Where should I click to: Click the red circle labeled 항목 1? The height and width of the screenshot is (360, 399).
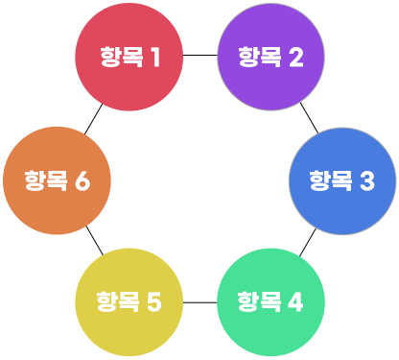pyautogui.click(x=129, y=57)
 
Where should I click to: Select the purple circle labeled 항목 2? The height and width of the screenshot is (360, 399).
pyautogui.click(x=271, y=57)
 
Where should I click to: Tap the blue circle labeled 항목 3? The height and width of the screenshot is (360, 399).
pyautogui.click(x=342, y=181)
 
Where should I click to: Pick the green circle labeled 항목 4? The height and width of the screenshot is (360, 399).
pyautogui.click(x=271, y=302)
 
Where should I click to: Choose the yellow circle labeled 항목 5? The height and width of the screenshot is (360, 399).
pyautogui.click(x=129, y=302)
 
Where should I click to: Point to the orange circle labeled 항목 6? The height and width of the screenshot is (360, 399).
pyautogui.click(x=57, y=180)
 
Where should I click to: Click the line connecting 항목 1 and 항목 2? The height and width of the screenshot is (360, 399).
pyautogui.click(x=200, y=55)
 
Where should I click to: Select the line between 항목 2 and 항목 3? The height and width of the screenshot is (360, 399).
pyautogui.click(x=309, y=118)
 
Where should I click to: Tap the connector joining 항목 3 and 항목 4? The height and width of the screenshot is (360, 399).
pyautogui.click(x=308, y=242)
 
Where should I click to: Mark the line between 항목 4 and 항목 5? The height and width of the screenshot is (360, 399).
pyautogui.click(x=200, y=302)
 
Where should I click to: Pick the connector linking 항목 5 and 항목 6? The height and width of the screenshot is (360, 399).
pyautogui.click(x=95, y=240)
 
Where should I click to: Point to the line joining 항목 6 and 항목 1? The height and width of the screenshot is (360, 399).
pyautogui.click(x=93, y=119)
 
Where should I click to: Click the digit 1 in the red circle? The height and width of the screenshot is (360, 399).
pyautogui.click(x=155, y=57)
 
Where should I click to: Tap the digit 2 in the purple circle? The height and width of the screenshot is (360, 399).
pyautogui.click(x=296, y=57)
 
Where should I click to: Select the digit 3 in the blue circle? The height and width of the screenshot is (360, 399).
pyautogui.click(x=367, y=181)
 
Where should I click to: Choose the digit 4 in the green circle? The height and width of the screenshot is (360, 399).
pyautogui.click(x=295, y=301)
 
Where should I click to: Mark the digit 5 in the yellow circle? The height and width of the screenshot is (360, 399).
pyautogui.click(x=154, y=301)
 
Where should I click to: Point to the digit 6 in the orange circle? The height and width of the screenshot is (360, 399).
pyautogui.click(x=82, y=180)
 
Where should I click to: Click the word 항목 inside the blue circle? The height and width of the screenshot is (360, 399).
pyautogui.click(x=331, y=180)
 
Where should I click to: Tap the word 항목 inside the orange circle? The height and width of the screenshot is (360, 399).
pyautogui.click(x=46, y=180)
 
